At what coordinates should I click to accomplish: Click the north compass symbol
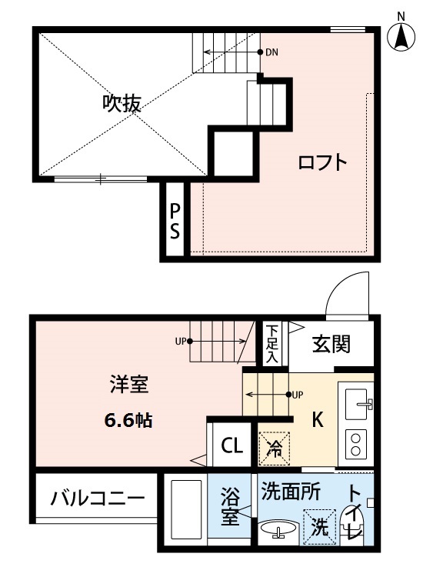400,36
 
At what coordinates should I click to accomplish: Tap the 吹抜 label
122,104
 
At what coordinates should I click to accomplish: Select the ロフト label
323,162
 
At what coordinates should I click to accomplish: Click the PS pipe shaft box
175,220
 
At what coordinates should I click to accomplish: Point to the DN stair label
271,53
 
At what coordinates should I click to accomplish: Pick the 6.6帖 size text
128,421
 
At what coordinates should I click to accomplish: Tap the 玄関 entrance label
331,344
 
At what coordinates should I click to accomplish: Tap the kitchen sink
358,402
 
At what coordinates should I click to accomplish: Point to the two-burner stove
357,443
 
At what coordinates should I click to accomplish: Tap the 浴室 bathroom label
229,509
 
